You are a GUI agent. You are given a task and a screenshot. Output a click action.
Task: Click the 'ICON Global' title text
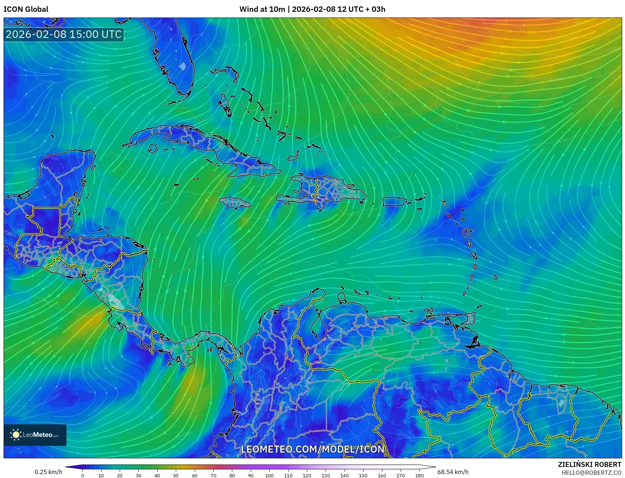point(26,9)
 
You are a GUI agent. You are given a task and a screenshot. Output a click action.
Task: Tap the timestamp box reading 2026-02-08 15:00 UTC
point(64,34)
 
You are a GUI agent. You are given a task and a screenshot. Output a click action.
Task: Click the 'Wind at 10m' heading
point(262,9)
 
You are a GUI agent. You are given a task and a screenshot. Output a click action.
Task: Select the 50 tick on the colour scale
point(176,475)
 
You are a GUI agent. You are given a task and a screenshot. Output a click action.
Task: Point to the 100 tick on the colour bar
point(269,475)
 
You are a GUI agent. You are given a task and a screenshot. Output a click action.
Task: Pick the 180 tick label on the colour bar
point(420,475)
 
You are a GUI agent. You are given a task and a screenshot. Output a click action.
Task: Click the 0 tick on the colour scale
point(83,475)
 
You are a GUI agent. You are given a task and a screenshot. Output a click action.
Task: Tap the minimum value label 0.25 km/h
point(48,472)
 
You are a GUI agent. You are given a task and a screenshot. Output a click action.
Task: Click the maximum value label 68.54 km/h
point(453,472)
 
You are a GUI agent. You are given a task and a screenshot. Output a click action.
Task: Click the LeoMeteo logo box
point(35,435)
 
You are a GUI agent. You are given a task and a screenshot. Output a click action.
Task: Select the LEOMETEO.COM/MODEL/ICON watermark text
point(313,449)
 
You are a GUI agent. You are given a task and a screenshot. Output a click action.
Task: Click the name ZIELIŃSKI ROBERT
point(590,464)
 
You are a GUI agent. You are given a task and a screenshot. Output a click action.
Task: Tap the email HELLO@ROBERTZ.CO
point(591,473)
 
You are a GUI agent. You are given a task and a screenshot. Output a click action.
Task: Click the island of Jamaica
point(235,203)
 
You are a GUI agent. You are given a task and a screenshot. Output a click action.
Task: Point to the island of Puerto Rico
point(394,202)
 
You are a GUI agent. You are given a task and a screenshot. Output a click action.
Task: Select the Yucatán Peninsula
point(66,172)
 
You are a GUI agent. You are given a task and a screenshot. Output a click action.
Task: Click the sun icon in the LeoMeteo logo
point(16,435)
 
